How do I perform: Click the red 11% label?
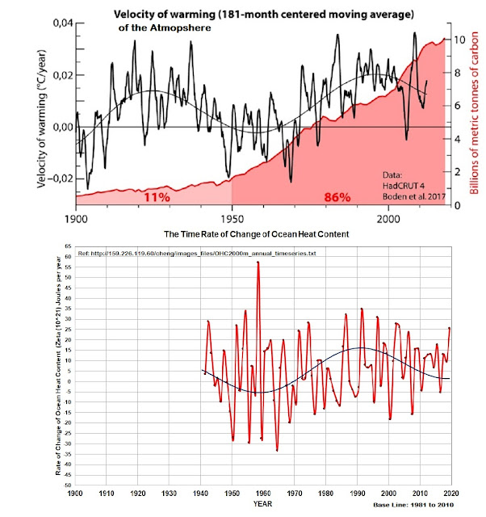coord(155,197)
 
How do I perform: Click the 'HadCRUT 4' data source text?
coord(402,185)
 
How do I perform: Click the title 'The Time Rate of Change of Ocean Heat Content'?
coord(257,234)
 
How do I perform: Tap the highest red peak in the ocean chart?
coord(258,263)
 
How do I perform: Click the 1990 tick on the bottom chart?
coord(357,492)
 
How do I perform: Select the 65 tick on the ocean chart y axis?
coord(69,245)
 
